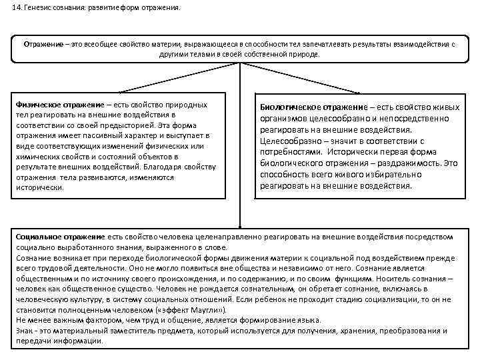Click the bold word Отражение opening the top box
point(41,44)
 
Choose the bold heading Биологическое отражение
point(314,108)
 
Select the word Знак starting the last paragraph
point(25,331)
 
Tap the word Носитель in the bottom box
point(417,277)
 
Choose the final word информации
point(81,341)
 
